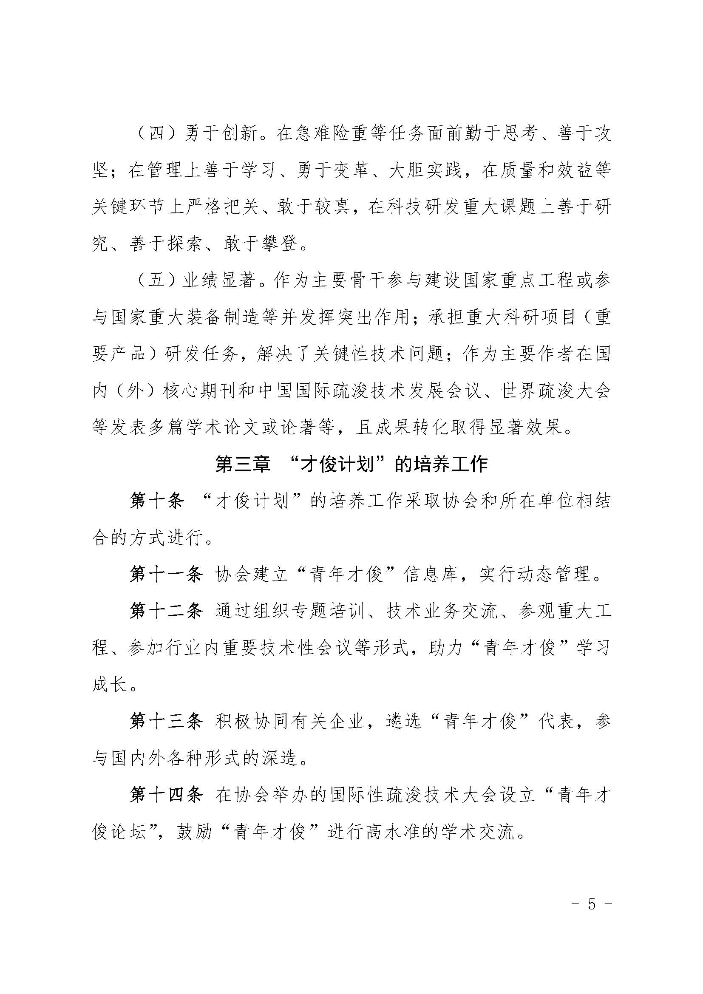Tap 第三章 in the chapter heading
click(243, 464)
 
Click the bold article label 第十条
click(157, 501)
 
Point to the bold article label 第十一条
click(166, 575)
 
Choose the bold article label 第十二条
click(166, 611)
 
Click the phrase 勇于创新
click(220, 133)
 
